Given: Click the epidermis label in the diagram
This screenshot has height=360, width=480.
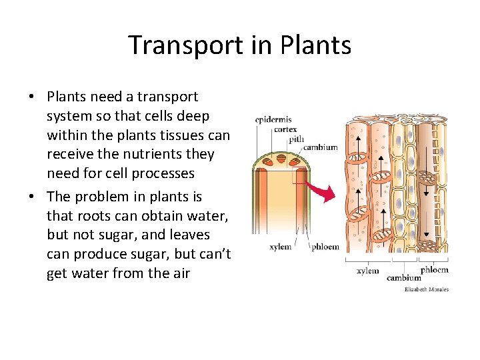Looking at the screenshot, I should (273, 120).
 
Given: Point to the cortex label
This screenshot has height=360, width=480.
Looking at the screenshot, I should (285, 129).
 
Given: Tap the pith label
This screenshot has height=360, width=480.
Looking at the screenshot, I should (296, 139).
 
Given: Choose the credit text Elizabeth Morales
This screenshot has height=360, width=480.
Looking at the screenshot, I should (427, 289).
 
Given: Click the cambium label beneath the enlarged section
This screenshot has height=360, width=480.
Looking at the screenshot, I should (404, 277).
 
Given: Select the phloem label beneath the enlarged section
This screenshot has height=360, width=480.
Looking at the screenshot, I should (434, 269).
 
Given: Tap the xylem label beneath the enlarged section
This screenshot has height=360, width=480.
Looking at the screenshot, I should (367, 271).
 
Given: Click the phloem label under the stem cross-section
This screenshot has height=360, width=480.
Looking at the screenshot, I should (325, 247).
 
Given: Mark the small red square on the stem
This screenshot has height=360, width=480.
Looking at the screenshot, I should (299, 174).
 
